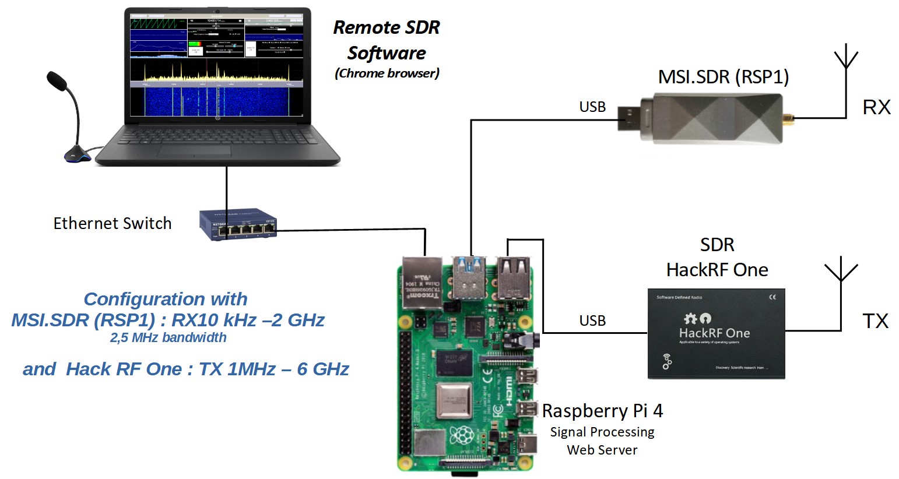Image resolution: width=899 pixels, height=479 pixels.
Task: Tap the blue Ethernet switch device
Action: point(238,224)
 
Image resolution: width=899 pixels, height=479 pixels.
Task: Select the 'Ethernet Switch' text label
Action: point(113,224)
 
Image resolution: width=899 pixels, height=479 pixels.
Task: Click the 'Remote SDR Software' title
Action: point(387,40)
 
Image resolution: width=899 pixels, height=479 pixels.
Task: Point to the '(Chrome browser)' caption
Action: point(387,73)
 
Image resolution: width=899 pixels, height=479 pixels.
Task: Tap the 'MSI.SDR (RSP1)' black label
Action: point(723,77)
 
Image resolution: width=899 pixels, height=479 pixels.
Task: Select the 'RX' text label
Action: point(876,107)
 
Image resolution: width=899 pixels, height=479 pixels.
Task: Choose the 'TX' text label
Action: point(875,321)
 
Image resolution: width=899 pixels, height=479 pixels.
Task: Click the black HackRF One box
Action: point(716,333)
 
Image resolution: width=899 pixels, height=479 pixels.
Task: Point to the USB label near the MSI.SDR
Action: point(592,107)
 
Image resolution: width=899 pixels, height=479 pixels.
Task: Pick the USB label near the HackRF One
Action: point(592,320)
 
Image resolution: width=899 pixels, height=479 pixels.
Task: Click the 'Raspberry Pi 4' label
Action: point(602,411)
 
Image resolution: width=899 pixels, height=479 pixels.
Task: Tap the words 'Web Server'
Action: point(602,450)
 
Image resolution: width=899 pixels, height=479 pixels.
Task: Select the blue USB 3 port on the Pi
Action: point(470,277)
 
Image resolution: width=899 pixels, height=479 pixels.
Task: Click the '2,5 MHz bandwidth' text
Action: point(168,337)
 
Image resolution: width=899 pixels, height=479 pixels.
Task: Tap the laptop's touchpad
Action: point(194,152)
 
